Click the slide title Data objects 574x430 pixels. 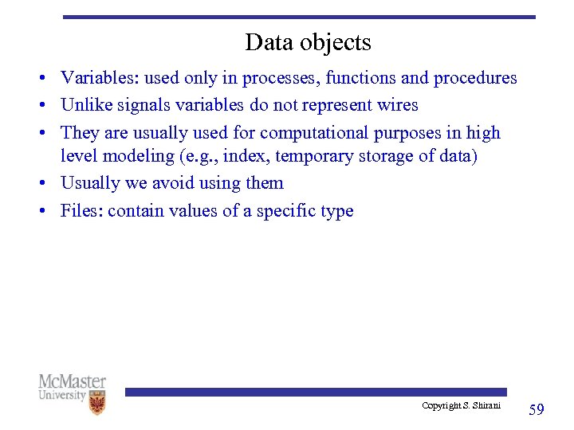point(308,42)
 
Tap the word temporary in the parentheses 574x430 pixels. point(314,156)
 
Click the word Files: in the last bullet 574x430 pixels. point(82,211)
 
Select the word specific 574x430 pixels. point(286,211)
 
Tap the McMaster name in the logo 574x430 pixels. point(72,381)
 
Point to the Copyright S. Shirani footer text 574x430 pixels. point(462,406)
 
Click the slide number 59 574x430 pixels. point(537,409)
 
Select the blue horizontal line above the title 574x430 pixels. point(299,17)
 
